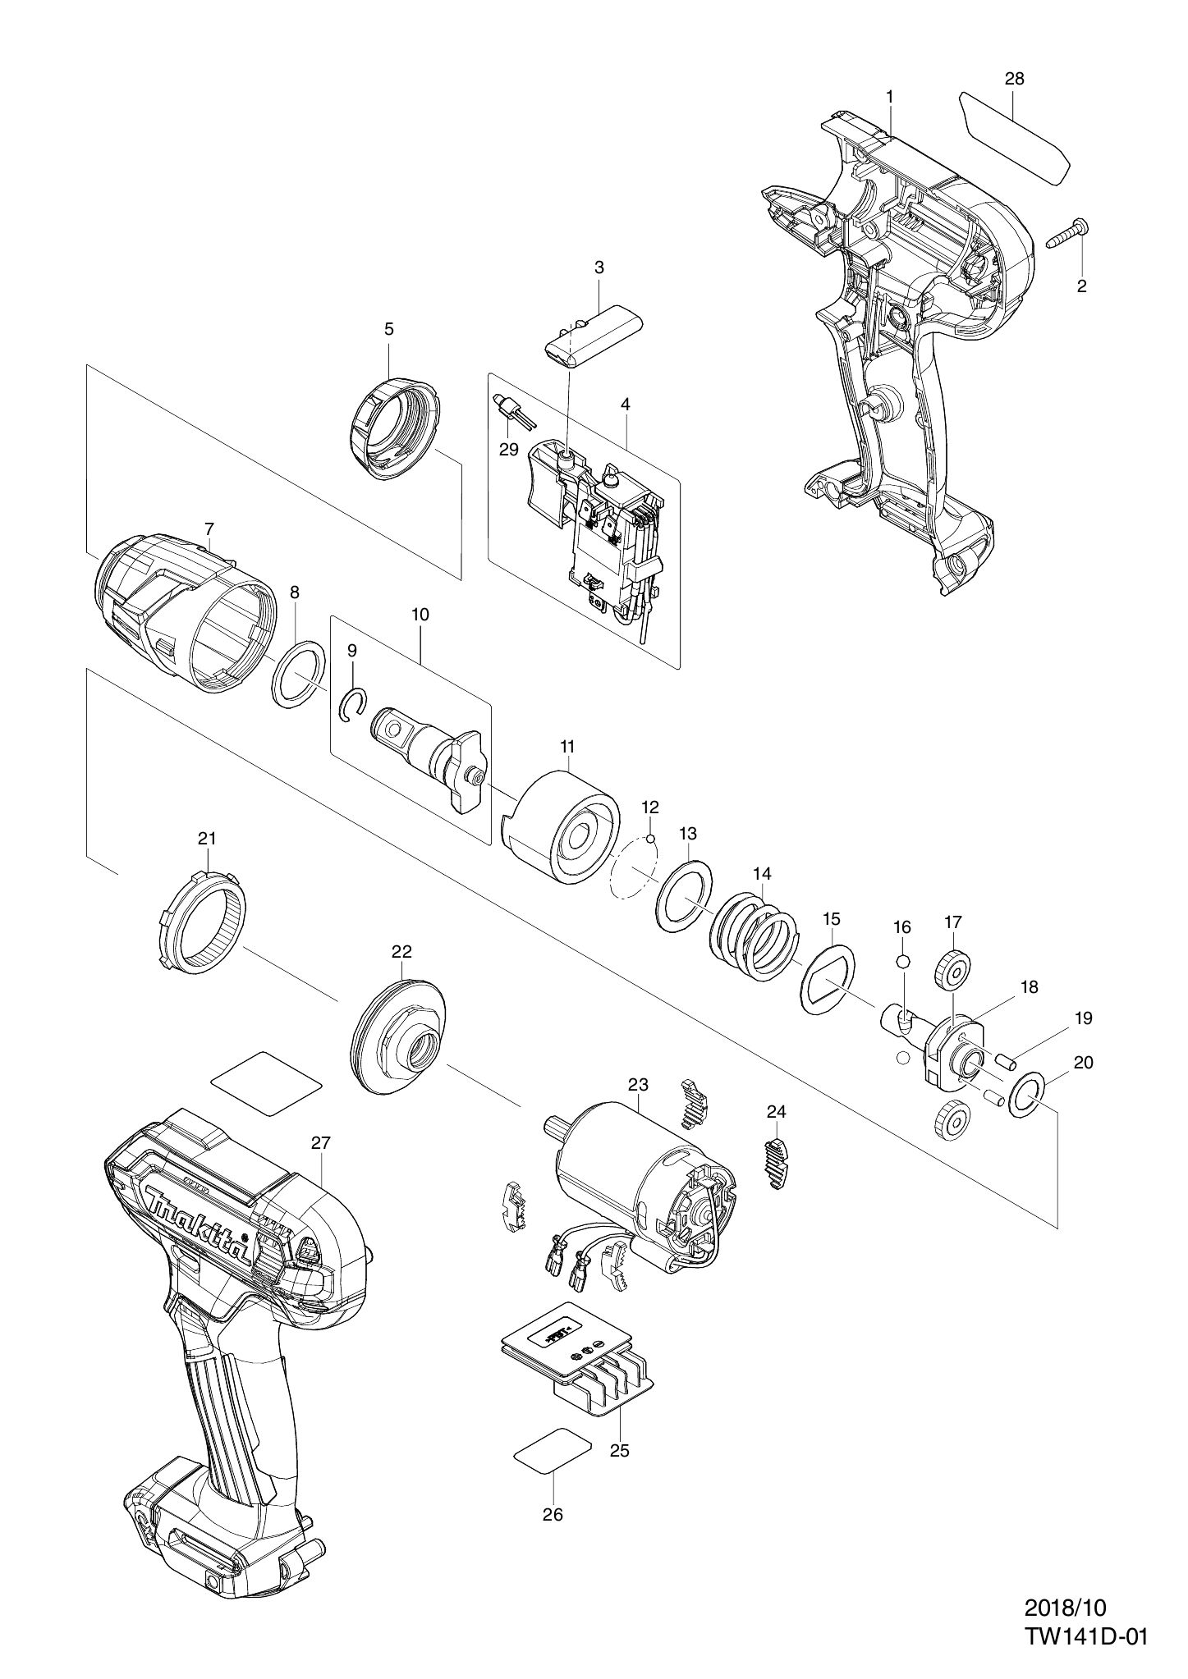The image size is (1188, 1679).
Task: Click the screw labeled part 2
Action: click(1068, 233)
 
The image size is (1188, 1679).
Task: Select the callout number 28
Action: click(1014, 79)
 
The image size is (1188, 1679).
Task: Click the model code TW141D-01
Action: click(1085, 1591)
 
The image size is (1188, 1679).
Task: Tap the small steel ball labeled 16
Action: click(902, 962)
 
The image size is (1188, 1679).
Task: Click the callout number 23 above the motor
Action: click(638, 1084)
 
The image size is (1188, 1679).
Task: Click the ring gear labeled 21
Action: click(201, 923)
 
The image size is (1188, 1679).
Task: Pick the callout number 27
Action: click(320, 1142)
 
